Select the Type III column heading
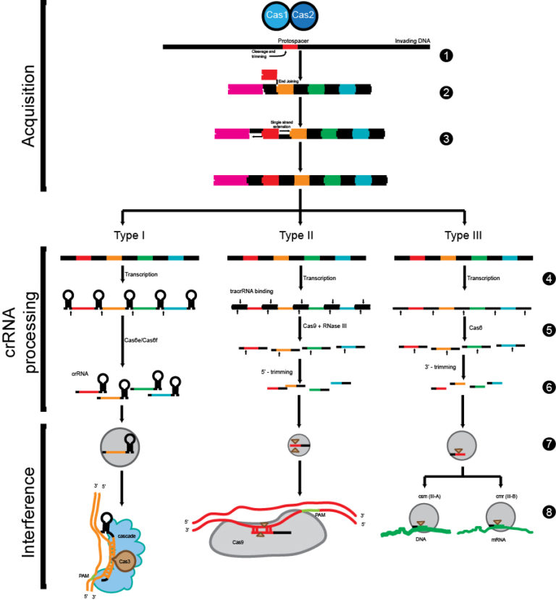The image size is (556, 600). [x=464, y=235]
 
